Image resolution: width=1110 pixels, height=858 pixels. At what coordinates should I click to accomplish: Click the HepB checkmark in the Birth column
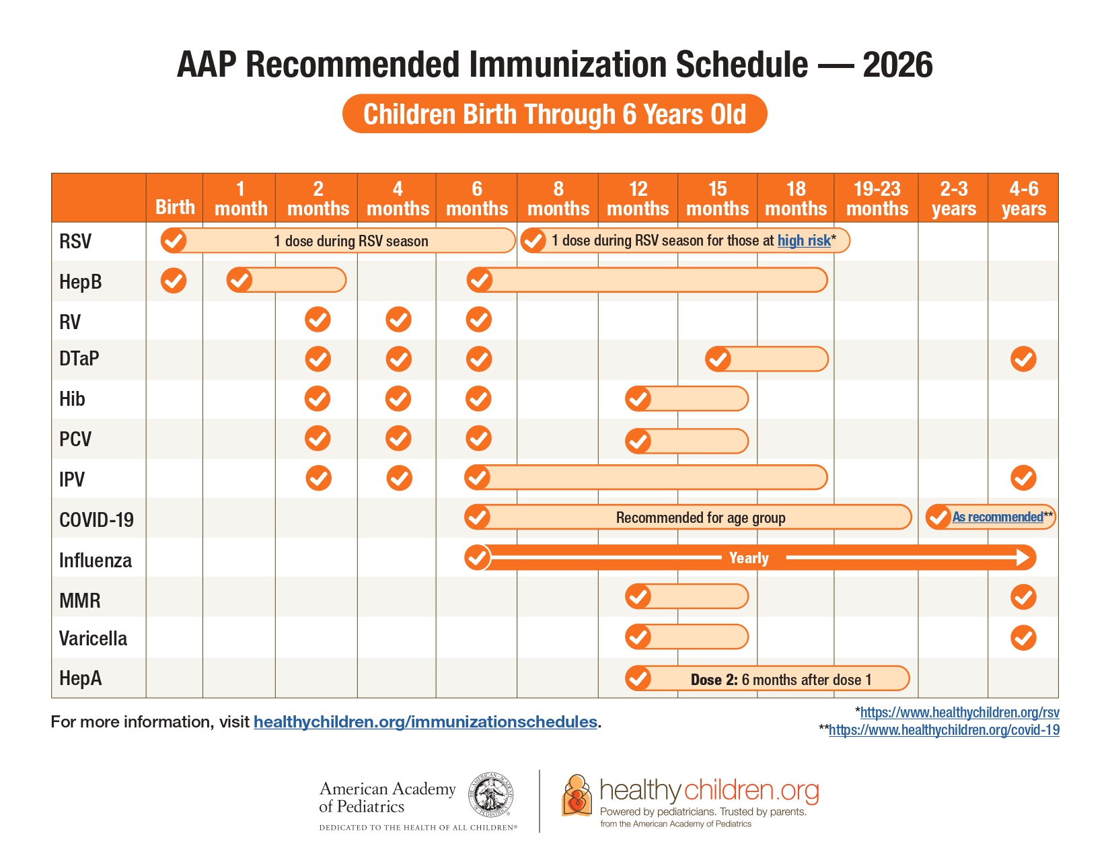click(173, 281)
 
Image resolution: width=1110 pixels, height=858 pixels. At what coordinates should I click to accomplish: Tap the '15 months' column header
click(717, 199)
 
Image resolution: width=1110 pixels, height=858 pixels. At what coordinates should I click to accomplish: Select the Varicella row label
click(93, 638)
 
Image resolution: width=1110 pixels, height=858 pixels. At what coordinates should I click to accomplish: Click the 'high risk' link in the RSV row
click(804, 240)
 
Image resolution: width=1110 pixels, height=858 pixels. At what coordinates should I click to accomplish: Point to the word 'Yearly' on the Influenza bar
click(749, 557)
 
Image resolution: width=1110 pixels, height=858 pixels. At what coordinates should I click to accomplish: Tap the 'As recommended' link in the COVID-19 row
click(998, 517)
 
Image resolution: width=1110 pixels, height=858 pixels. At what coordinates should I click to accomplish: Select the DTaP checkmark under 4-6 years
click(1023, 359)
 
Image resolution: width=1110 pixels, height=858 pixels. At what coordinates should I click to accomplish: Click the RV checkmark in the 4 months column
click(398, 320)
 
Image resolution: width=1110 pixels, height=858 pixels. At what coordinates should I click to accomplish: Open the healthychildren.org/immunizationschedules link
click(426, 721)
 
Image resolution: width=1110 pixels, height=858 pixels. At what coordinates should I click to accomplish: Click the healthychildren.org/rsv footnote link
click(960, 713)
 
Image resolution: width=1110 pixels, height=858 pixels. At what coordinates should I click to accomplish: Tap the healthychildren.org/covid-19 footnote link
click(944, 729)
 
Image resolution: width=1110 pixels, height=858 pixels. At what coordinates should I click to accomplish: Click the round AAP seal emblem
click(491, 795)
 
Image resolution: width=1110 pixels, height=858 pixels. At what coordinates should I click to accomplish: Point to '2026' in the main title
click(897, 65)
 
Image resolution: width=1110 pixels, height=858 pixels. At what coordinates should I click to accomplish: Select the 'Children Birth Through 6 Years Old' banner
click(555, 114)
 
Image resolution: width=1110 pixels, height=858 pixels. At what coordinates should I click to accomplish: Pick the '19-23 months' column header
click(877, 199)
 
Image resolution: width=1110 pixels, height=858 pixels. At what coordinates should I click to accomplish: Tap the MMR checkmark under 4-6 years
click(1023, 598)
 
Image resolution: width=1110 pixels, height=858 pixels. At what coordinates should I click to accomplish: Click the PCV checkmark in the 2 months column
click(318, 439)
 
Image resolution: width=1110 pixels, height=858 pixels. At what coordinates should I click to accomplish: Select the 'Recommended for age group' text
click(700, 517)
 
